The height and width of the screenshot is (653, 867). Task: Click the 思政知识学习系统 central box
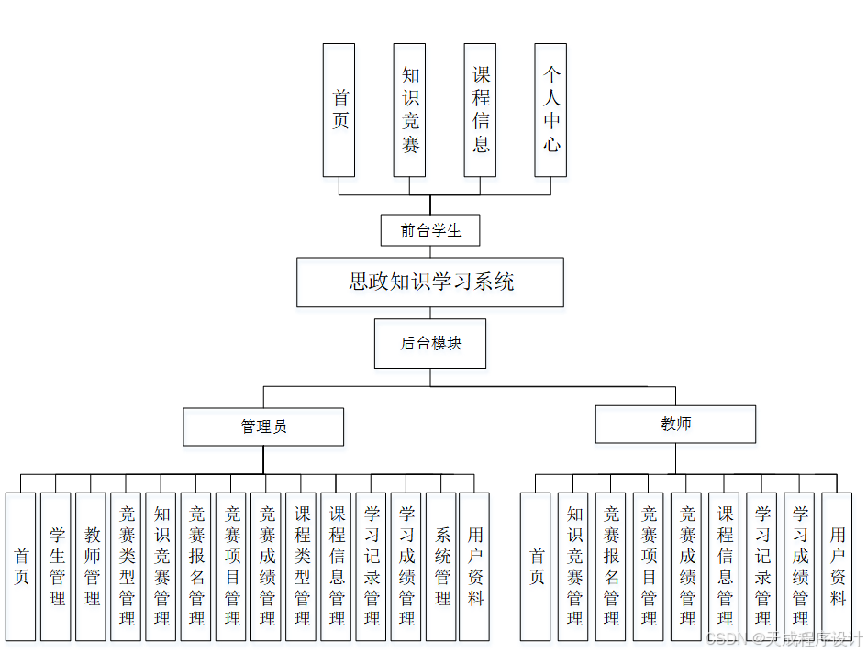[429, 282]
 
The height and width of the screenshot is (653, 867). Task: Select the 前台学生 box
[430, 230]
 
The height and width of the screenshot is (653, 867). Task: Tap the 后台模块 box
[430, 344]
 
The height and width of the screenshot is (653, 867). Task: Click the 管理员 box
[263, 426]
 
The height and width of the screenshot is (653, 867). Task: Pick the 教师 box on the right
[675, 424]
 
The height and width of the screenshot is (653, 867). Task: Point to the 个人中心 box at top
[550, 110]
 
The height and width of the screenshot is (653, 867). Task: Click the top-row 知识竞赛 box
[409, 110]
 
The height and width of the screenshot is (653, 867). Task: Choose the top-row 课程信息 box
[480, 110]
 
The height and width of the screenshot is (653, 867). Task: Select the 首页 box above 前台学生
[339, 110]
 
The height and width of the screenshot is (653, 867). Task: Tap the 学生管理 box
[56, 566]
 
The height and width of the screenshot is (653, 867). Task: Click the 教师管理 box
[91, 566]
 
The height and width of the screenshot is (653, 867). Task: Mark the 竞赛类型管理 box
[126, 566]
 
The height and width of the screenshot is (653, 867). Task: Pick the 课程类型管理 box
[301, 566]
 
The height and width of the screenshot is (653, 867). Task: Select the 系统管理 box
[441, 566]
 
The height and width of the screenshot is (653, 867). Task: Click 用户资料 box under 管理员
[474, 566]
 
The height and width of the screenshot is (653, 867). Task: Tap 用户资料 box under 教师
[837, 566]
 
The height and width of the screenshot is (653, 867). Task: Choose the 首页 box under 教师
[536, 566]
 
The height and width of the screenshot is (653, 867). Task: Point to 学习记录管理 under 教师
[761, 566]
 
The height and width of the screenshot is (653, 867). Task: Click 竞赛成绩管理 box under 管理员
[266, 566]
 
